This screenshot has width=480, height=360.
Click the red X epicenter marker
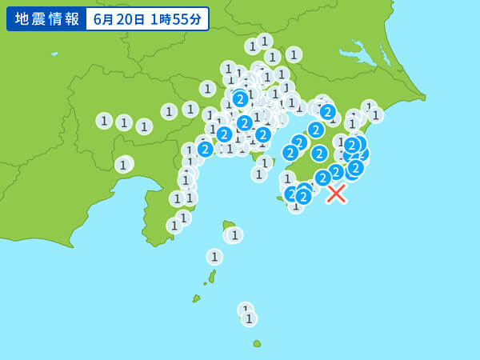click(x=336, y=194)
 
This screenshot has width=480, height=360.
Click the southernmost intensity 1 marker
click(x=249, y=318)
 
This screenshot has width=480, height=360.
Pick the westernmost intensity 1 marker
click(x=104, y=121)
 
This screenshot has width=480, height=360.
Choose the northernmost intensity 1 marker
click(x=265, y=41)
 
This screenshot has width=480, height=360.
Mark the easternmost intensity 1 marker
click(x=375, y=114)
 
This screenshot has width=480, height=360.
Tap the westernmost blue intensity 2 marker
click(x=205, y=149)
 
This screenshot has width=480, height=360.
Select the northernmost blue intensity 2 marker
click(x=240, y=99)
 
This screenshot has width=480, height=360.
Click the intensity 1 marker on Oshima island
click(x=234, y=235)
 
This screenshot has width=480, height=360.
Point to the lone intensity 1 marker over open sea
click(x=214, y=257)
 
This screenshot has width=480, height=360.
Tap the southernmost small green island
click(x=257, y=343)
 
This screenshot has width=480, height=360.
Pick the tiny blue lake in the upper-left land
click(x=54, y=54)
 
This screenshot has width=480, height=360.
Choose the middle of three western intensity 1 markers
click(x=124, y=122)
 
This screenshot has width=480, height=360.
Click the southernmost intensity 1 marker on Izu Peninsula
click(x=174, y=226)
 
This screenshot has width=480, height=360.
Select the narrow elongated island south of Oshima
click(x=212, y=277)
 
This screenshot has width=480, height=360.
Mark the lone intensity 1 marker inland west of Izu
click(x=123, y=165)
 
